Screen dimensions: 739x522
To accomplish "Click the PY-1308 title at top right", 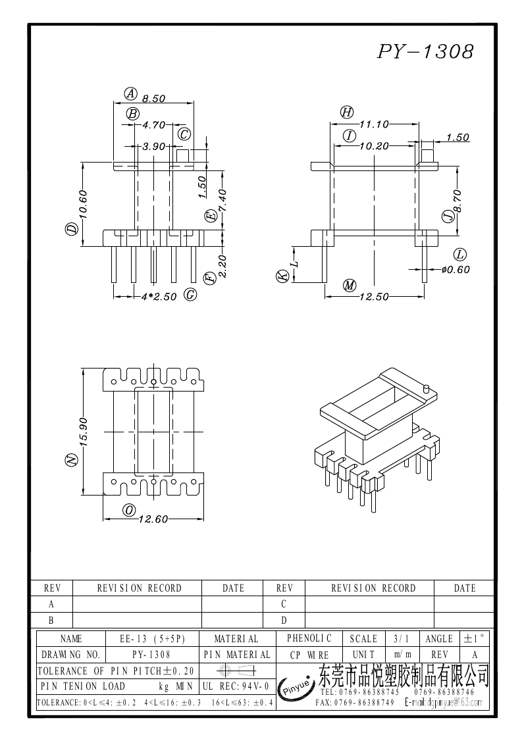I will point(425,53).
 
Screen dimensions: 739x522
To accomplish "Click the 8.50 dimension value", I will point(153,99).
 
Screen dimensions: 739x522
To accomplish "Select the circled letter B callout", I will point(133,114).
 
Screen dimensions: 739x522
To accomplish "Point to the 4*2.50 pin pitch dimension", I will point(159,297).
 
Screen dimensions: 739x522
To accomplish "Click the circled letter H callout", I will point(347,113).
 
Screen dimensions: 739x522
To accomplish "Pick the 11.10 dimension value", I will point(375,124).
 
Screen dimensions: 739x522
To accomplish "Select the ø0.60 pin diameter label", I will point(456,269).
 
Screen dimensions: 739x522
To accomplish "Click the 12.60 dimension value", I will point(154,519).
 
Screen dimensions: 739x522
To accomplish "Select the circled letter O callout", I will point(129,510).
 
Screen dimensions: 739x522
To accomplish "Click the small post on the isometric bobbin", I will point(426,389).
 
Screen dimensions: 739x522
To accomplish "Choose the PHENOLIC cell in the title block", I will point(309,638).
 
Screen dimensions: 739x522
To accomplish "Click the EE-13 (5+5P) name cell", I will point(153,638).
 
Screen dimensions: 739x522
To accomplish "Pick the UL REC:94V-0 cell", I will point(236,686).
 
